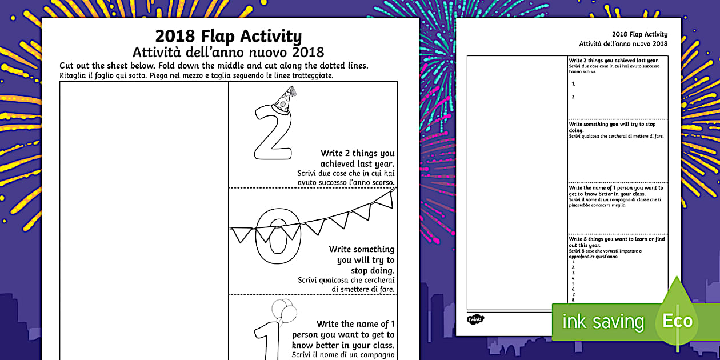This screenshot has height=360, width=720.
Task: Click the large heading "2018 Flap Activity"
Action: pos(229,37)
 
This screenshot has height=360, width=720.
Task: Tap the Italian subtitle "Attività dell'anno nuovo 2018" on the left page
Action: pos(229,53)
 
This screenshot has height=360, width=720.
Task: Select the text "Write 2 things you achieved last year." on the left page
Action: pos(357,158)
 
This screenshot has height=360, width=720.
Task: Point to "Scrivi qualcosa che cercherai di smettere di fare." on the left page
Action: pos(346,285)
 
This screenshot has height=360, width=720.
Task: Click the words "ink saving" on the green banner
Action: pos(603,322)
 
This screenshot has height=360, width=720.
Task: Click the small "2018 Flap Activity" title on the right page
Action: pos(639,34)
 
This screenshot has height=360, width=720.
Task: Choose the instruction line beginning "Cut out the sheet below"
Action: pos(214,66)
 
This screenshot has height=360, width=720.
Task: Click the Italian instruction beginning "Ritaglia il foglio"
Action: pos(196,75)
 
